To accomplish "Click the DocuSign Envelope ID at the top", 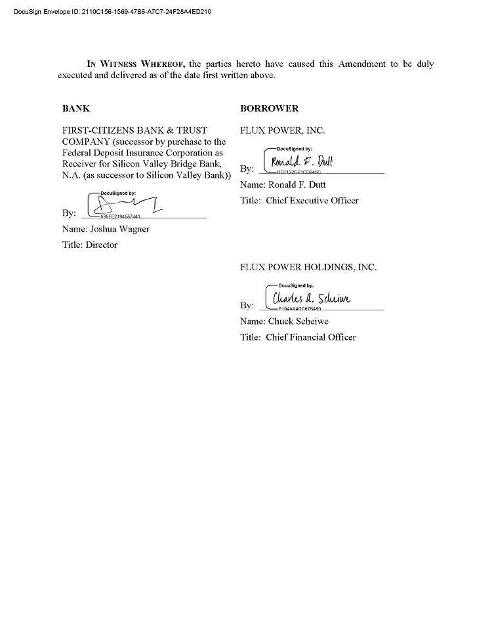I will point(112,11).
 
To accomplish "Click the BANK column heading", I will point(76,108).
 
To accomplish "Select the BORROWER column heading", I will point(269,108).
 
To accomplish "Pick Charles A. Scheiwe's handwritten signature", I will point(312,298).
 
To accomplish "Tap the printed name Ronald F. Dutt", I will point(297,184).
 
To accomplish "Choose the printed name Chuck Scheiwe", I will point(298,321).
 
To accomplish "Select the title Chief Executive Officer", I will point(312,201).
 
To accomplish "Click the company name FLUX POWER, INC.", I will point(282,131).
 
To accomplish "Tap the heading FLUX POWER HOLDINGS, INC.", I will point(308,267).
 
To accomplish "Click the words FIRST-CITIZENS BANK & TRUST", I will point(134,131).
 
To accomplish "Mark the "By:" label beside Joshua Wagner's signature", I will point(69,213).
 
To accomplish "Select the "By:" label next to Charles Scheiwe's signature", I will point(247,306).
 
